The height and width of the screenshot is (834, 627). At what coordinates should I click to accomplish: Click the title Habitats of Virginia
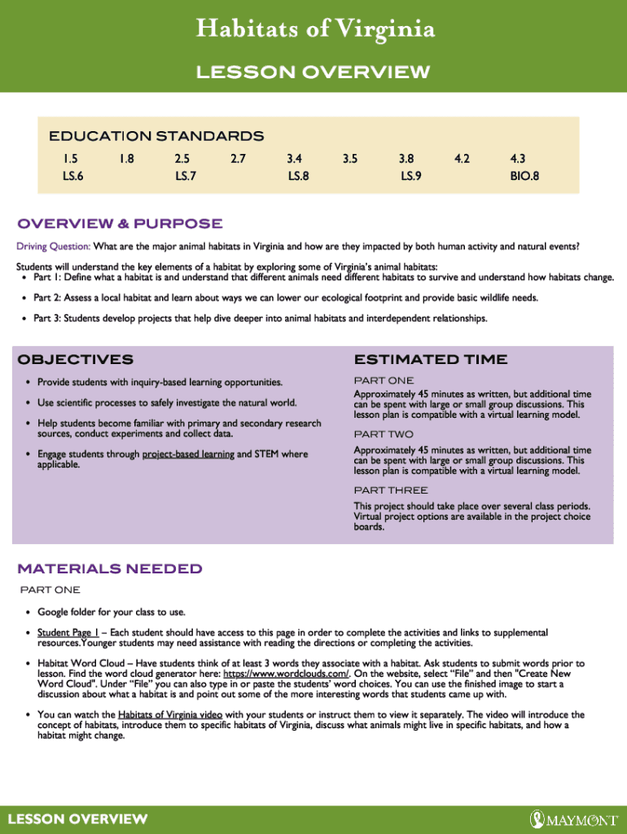(313, 30)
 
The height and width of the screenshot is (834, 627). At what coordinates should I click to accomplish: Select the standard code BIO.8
(524, 175)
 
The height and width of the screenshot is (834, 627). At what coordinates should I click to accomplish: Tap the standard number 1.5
(59, 160)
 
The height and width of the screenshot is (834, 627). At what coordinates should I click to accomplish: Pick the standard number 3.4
(295, 160)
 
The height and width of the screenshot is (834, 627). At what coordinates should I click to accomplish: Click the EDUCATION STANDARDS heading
(156, 136)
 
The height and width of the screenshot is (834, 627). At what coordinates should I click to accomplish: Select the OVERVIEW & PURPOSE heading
(120, 224)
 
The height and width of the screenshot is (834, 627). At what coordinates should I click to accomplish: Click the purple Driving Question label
(53, 246)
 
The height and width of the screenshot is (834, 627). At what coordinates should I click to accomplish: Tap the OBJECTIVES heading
(75, 359)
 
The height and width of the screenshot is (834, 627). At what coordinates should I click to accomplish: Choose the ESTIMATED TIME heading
(431, 359)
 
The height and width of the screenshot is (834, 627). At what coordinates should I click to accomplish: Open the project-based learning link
(188, 454)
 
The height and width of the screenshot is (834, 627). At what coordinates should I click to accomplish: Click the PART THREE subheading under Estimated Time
(390, 490)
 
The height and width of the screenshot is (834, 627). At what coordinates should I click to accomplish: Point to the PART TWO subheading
(384, 434)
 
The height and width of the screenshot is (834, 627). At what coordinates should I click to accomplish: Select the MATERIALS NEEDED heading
(110, 568)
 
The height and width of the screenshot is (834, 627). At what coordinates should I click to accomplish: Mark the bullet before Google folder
(28, 612)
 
